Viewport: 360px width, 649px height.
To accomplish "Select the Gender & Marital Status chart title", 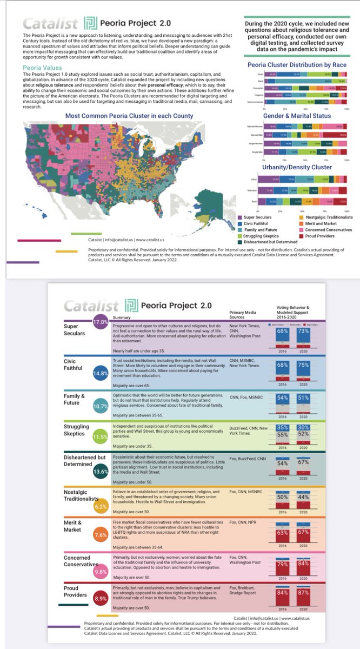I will tap(296, 116).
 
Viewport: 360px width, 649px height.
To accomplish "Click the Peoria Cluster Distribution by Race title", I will tap(296, 65).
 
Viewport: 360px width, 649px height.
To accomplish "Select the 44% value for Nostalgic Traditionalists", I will tap(303, 512).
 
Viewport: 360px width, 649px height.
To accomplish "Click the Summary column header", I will tap(122, 317).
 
